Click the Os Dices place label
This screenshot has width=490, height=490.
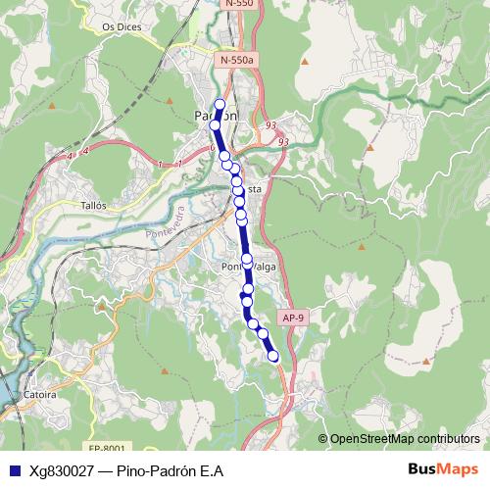pos(122,27)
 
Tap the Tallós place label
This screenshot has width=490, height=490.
pos(94,207)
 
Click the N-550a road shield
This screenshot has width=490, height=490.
pos(237,61)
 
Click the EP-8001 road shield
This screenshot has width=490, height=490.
pos(107,447)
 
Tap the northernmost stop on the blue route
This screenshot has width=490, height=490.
pos(220,105)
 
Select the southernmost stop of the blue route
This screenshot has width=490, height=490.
pos(273,357)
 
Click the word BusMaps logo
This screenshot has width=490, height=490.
pos(443,469)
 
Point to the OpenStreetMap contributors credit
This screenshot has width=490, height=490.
pos(404,439)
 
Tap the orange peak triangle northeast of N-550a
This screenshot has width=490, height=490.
pos(305,63)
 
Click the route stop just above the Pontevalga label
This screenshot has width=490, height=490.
pos(247,259)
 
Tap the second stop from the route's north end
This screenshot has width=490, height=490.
pos(216,125)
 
